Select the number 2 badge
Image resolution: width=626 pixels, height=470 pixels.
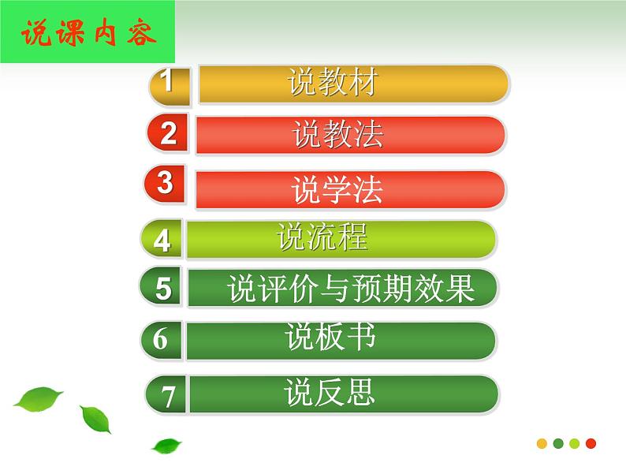tap(167, 134)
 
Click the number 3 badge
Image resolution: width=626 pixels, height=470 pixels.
tap(165, 184)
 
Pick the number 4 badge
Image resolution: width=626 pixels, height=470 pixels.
tap(162, 239)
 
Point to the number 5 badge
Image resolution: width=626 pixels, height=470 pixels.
tap(162, 289)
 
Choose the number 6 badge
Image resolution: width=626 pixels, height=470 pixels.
tap(161, 340)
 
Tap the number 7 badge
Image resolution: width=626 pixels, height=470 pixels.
tap(168, 395)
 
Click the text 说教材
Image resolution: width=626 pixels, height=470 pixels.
tap(332, 83)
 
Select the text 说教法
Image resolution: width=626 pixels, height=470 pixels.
tap(337, 135)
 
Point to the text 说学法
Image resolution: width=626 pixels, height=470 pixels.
tap(337, 190)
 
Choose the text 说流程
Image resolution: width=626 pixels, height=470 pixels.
tap(322, 237)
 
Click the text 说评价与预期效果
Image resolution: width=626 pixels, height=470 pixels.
tap(351, 289)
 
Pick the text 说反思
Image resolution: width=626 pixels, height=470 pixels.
tap(330, 392)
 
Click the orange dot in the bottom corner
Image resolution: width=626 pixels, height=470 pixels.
tap(542, 443)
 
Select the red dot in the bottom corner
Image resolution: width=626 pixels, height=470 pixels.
tap(591, 443)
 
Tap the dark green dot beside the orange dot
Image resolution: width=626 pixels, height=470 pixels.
tap(558, 443)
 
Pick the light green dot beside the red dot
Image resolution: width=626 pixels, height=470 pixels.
tap(575, 443)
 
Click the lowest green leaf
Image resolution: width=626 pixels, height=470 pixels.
tap(166, 446)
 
